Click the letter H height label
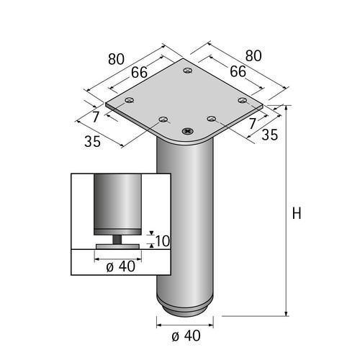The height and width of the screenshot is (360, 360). click(297, 213)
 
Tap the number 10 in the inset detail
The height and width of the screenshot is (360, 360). click(163, 241)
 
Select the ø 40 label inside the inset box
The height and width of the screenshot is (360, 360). click(120, 266)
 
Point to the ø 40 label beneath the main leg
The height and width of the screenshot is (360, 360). click(186, 336)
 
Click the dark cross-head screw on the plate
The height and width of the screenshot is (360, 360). click(188, 131)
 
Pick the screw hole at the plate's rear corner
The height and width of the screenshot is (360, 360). click(188, 71)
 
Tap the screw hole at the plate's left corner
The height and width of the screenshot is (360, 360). click(130, 100)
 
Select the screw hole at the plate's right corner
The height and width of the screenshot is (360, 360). click(243, 100)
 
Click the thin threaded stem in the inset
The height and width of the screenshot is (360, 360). click(117, 240)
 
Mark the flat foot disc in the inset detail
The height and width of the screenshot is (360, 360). click(117, 247)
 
